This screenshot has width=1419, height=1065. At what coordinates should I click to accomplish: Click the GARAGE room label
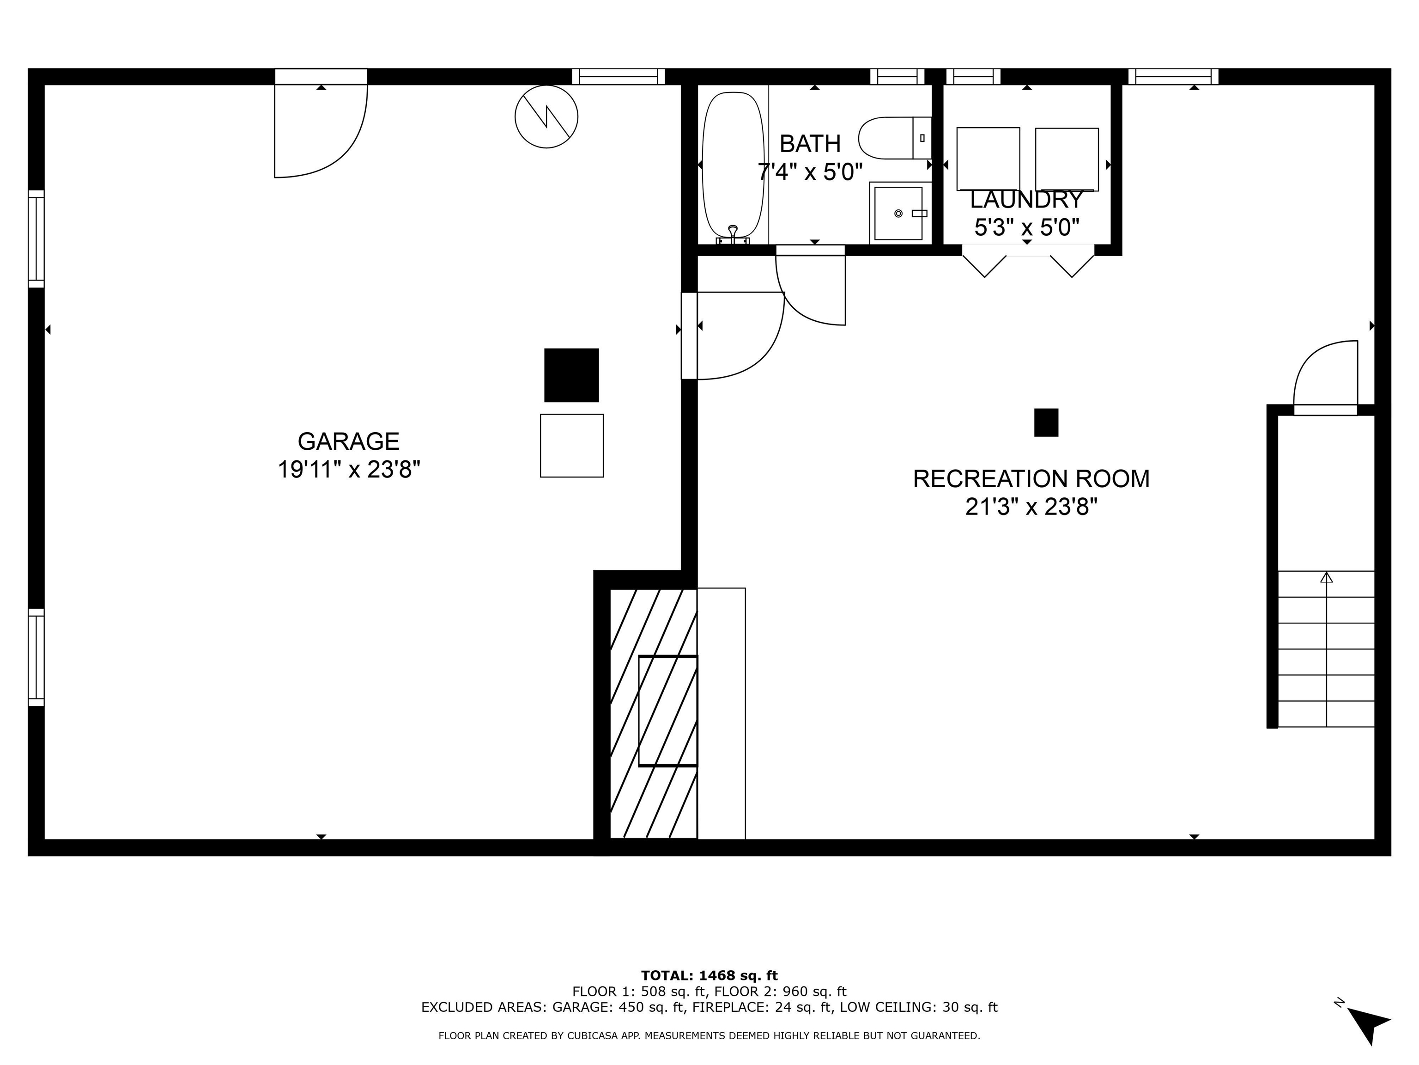348,441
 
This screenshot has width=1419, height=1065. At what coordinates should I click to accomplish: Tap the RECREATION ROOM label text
1031,479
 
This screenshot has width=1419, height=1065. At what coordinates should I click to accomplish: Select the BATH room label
810,144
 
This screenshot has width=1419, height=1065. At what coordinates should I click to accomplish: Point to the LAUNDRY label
1026,200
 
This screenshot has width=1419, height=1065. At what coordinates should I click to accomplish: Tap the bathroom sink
899,213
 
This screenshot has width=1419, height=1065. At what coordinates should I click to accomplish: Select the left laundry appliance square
988,159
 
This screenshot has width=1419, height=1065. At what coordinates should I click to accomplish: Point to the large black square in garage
571,375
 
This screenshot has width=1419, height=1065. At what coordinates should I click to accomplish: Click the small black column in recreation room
1046,422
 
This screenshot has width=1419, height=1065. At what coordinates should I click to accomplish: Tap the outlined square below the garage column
571,446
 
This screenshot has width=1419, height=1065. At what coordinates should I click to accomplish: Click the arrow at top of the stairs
1326,577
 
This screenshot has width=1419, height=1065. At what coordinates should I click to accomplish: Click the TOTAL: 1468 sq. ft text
709,976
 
